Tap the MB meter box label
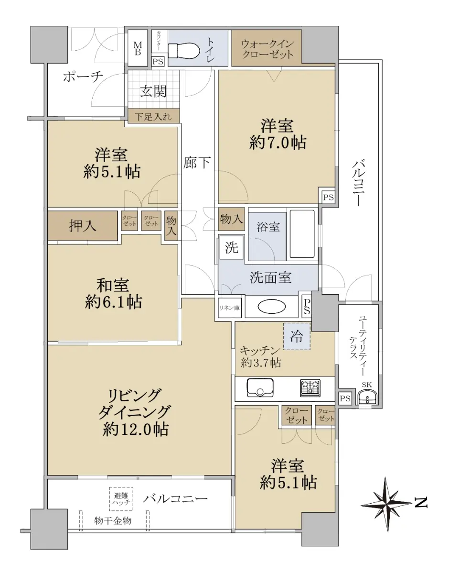point(138,49)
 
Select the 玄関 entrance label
point(153,91)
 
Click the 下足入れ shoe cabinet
point(154,116)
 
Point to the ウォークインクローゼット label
point(267,49)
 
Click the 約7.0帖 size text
point(278,143)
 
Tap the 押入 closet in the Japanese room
point(83,226)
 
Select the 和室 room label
point(113,285)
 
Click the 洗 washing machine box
point(232,248)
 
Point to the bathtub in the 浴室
point(302,234)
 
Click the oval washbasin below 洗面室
point(271,307)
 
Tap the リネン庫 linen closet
point(229,308)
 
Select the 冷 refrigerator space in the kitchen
point(297,336)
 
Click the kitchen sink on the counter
point(260,387)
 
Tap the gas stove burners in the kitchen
point(310,388)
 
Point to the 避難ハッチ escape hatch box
point(121,499)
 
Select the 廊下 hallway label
point(197,163)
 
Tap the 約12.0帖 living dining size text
point(136,430)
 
